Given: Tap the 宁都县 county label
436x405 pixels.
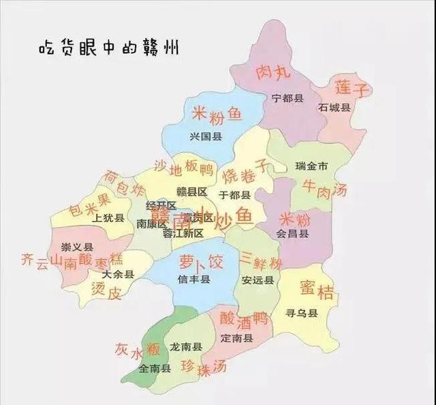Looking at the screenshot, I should coord(286,98).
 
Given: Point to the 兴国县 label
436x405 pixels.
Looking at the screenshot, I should coord(206,136).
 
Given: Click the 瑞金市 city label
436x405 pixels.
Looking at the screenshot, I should coord(311,166).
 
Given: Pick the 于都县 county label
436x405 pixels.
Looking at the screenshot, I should coord(235,194).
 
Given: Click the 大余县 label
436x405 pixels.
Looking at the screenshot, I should coord(118,274).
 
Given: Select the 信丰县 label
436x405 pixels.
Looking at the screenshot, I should coord(194,280).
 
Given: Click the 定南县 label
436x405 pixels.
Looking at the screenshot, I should coord(236,338).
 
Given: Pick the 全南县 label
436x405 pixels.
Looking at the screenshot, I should coord(155,369).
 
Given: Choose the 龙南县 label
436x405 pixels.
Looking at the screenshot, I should coord(186,347).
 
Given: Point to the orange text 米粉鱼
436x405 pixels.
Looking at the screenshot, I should coord(216,114).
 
